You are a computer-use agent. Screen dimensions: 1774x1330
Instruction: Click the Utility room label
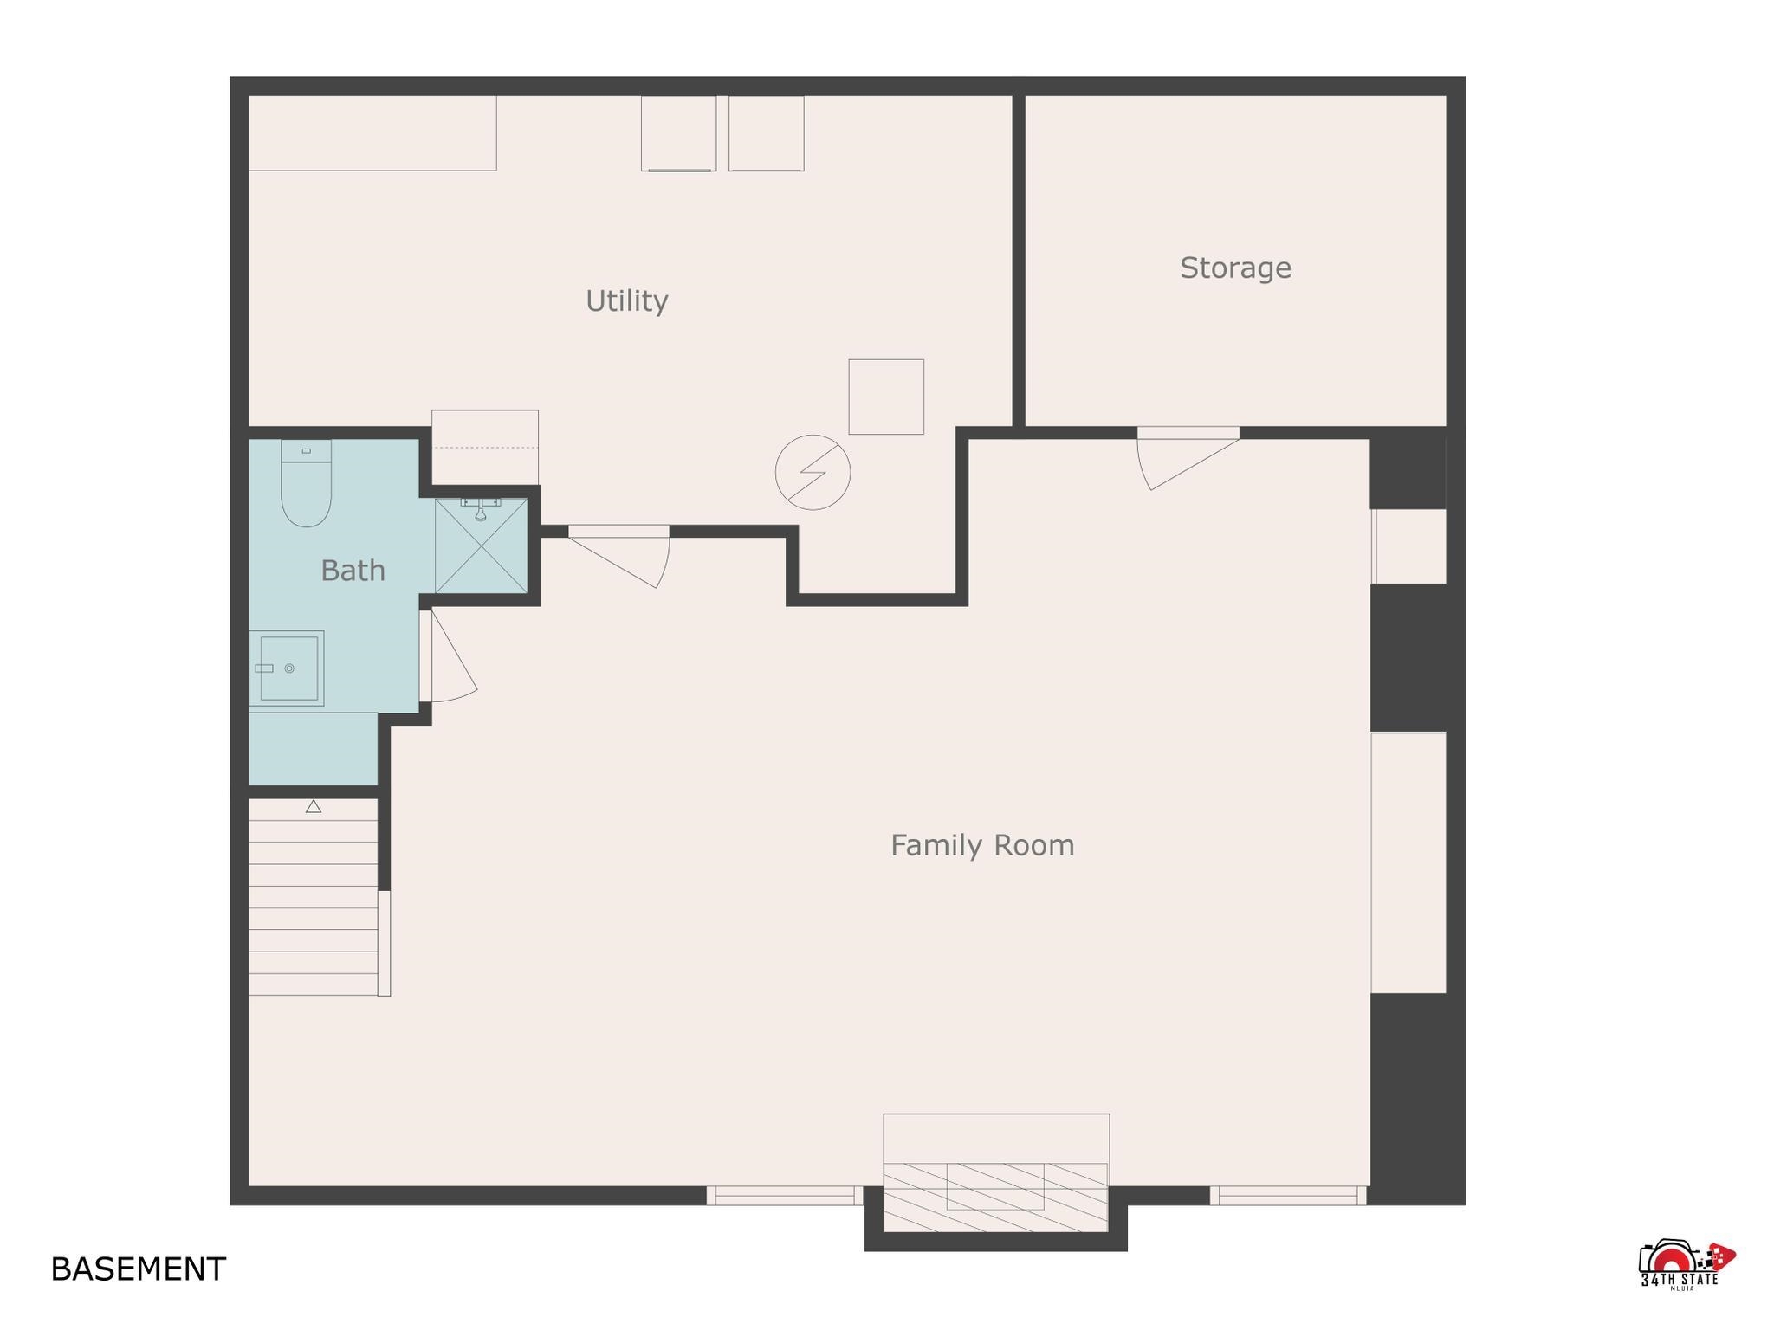point(626,300)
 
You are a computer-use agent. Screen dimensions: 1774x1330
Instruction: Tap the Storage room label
point(1235,268)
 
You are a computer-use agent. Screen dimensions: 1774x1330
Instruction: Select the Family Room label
point(982,845)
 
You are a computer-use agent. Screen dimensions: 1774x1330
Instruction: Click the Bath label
point(353,571)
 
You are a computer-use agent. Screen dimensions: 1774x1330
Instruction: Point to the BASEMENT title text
point(139,1269)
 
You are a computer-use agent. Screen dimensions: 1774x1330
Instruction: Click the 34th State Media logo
point(1687,1265)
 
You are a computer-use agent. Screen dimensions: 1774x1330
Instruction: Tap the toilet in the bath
point(306,483)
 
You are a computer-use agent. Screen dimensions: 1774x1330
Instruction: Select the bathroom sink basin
point(287,668)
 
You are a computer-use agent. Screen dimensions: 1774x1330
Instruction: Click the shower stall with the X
point(481,546)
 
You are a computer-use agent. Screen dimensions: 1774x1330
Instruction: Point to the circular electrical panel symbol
point(813,472)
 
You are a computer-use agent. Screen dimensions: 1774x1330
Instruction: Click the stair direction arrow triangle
point(314,806)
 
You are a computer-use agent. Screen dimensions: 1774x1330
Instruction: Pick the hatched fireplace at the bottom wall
point(995,1197)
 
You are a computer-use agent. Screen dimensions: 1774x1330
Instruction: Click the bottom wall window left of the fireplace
point(785,1196)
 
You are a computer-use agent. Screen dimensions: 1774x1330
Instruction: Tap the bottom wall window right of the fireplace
point(1288,1196)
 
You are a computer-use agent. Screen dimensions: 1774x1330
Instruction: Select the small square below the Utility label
point(886,397)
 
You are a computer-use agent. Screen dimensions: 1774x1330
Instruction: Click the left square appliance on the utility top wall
point(678,133)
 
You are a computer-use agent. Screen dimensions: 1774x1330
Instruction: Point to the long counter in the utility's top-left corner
point(372,133)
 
